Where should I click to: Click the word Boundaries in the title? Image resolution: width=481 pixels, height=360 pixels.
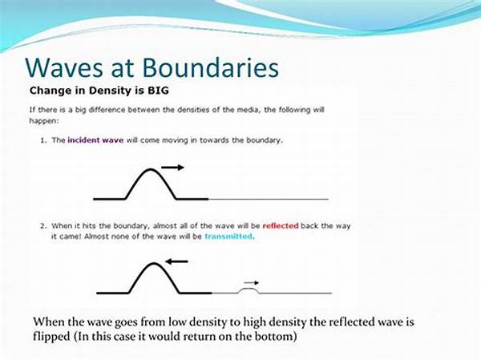[x=211, y=67]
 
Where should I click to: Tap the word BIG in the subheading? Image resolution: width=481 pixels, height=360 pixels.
[x=158, y=91]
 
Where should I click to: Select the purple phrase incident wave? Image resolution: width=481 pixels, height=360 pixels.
[x=95, y=140]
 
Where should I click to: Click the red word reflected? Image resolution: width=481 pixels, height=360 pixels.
[x=281, y=226]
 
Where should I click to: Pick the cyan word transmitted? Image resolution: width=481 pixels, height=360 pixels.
[x=229, y=237]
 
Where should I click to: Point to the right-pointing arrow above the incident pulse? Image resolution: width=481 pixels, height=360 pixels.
[x=172, y=168]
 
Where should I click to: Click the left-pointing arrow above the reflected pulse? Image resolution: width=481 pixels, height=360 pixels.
[x=176, y=261]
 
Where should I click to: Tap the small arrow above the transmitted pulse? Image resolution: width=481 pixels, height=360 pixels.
[x=251, y=283]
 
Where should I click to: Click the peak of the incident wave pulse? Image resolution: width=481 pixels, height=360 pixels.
[x=151, y=169]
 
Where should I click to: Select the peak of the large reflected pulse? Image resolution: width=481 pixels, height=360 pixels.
[x=154, y=264]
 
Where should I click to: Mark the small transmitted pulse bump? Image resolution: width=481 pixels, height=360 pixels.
[x=249, y=289]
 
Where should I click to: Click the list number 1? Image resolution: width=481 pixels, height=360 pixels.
[x=43, y=140]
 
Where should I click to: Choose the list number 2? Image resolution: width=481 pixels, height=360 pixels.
[x=43, y=226]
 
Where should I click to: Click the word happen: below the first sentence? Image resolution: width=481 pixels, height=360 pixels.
[x=43, y=120]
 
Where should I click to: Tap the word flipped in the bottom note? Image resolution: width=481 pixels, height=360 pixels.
[x=52, y=337]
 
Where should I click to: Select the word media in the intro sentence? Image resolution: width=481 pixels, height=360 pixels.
[x=248, y=110]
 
